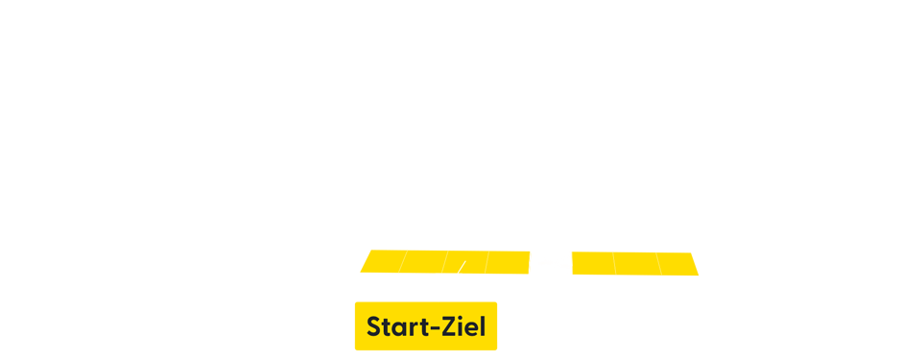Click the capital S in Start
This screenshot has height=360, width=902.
pyautogui.click(x=374, y=327)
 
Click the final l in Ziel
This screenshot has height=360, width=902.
pyautogui.click(x=482, y=326)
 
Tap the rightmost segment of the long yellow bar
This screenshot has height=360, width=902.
pyautogui.click(x=680, y=263)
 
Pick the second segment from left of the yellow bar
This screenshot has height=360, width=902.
pyautogui.click(x=422, y=263)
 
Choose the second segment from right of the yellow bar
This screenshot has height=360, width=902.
pyautogui.click(x=636, y=263)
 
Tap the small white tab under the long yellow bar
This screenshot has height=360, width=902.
pyautogui.click(x=451, y=277)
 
